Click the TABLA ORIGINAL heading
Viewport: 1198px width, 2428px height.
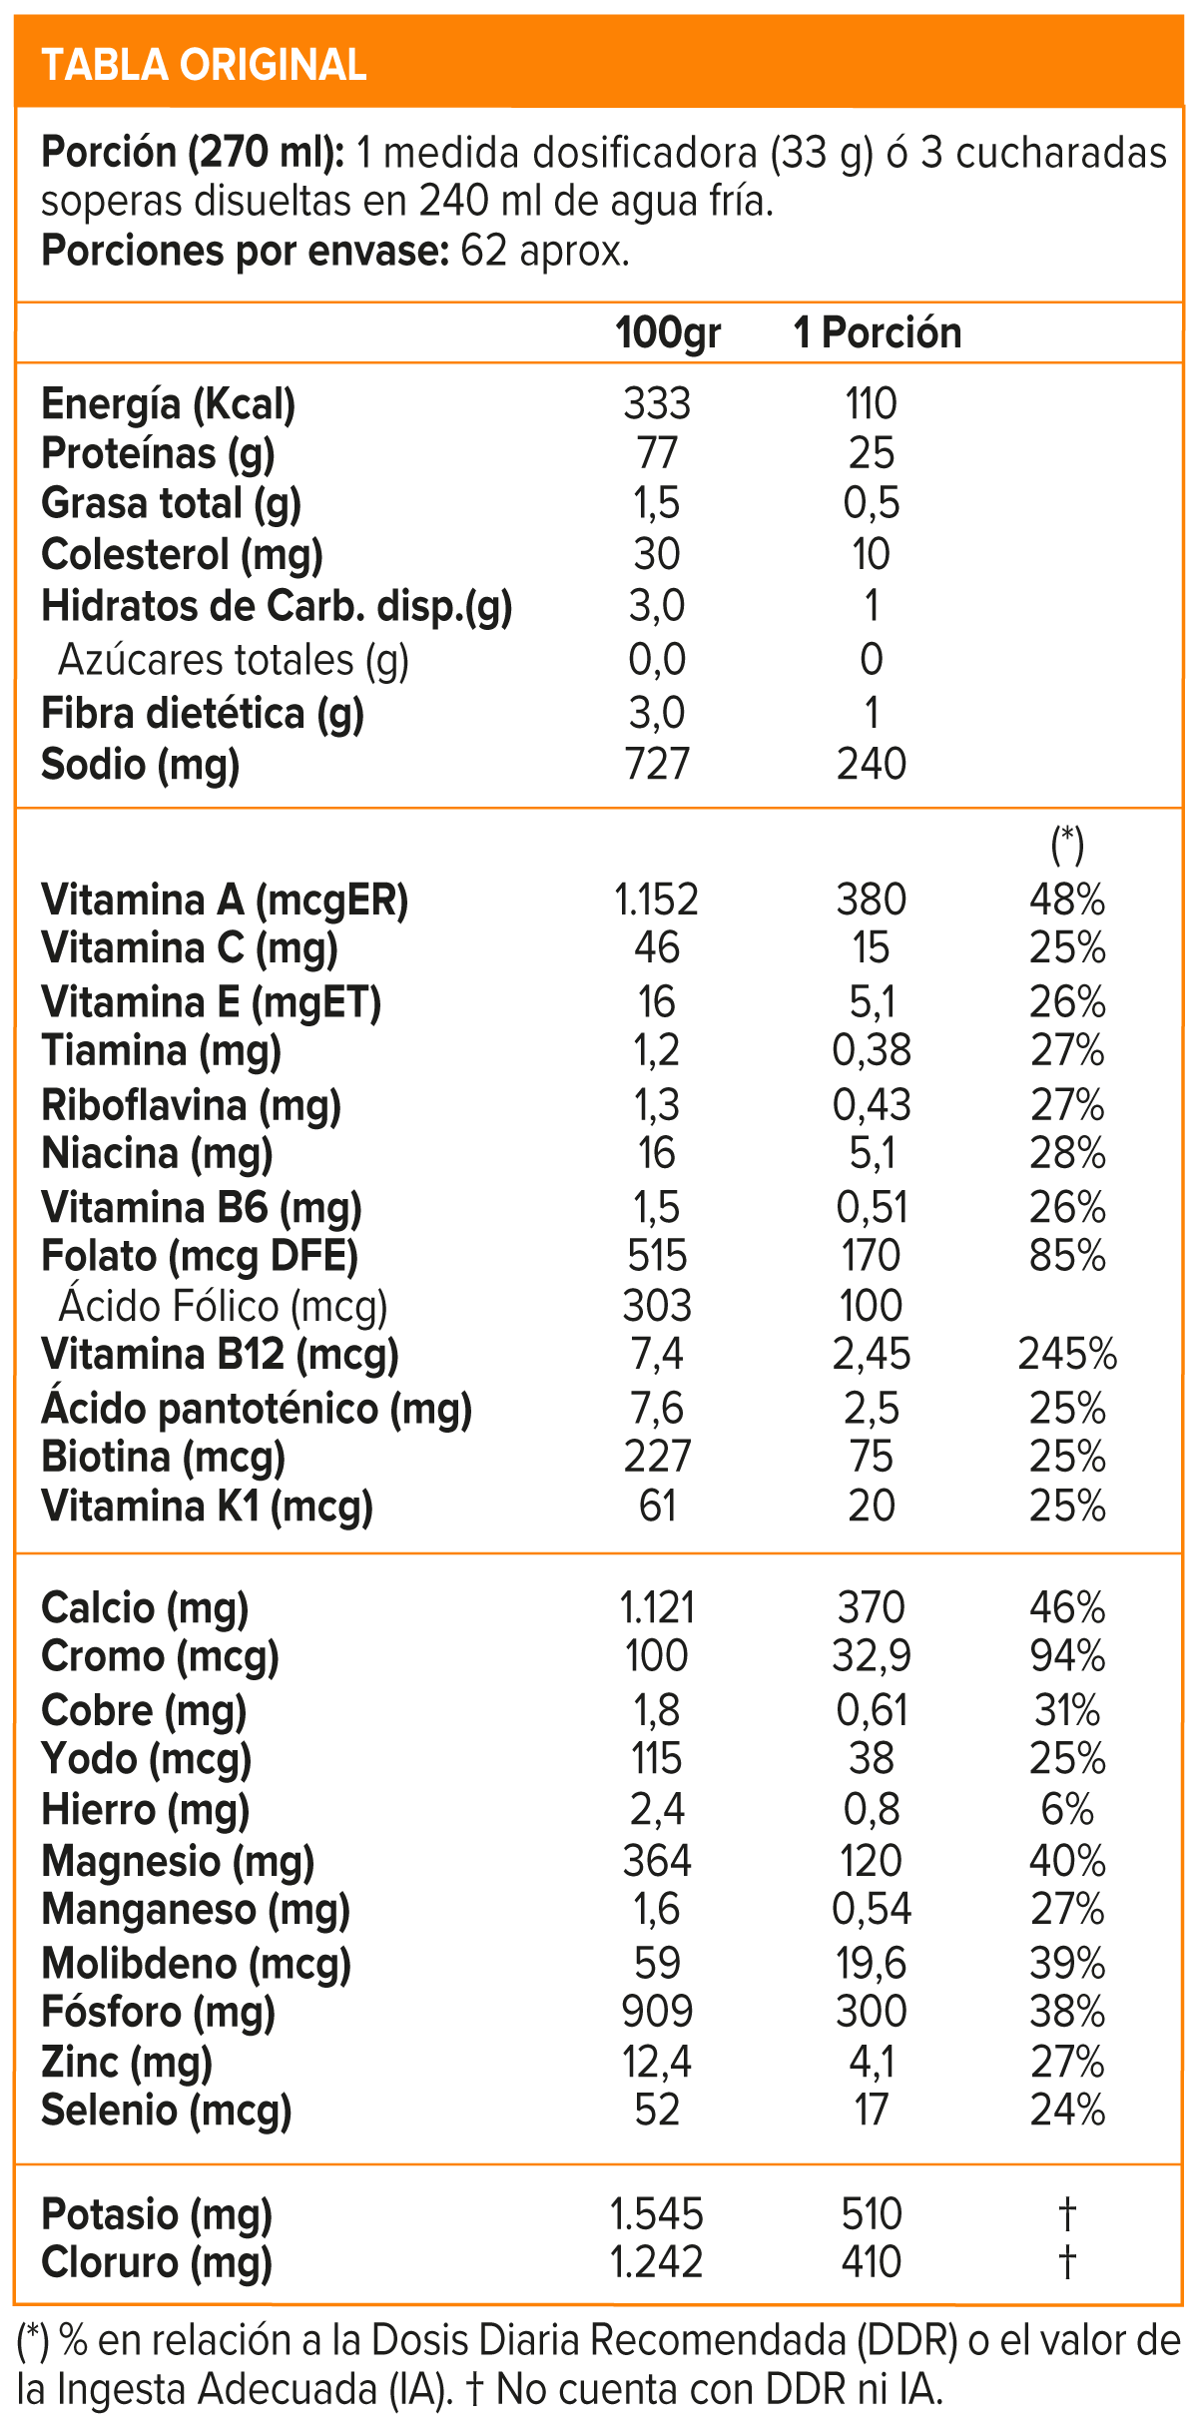pos(204,65)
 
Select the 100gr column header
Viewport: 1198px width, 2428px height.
pos(668,333)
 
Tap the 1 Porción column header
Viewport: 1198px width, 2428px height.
pos(878,333)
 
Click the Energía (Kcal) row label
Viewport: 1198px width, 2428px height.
pos(169,404)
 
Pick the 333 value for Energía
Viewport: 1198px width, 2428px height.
pos(657,404)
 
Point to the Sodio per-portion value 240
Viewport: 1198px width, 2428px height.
pos(872,765)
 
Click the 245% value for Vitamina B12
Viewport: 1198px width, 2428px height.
pos(1067,1355)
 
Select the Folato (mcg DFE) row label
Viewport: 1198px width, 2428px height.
pos(200,1256)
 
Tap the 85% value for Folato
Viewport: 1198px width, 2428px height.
pos(1067,1256)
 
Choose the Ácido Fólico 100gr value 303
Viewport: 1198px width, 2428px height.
pos(657,1306)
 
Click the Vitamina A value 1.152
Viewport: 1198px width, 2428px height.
pos(657,901)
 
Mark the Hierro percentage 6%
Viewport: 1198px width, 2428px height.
pos(1067,1809)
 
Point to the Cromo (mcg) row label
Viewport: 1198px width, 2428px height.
pos(160,1656)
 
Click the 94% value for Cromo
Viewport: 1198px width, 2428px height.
pos(1067,1656)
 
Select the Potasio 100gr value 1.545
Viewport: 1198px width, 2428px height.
pos(657,2214)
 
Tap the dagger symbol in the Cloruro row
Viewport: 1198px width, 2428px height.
pos(1067,2262)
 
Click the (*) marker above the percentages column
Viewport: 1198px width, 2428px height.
pos(1067,845)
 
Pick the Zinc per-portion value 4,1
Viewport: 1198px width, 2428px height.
pos(872,2061)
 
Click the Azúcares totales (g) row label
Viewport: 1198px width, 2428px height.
pos(234,660)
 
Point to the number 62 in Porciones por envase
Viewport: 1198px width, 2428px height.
pos(484,251)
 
